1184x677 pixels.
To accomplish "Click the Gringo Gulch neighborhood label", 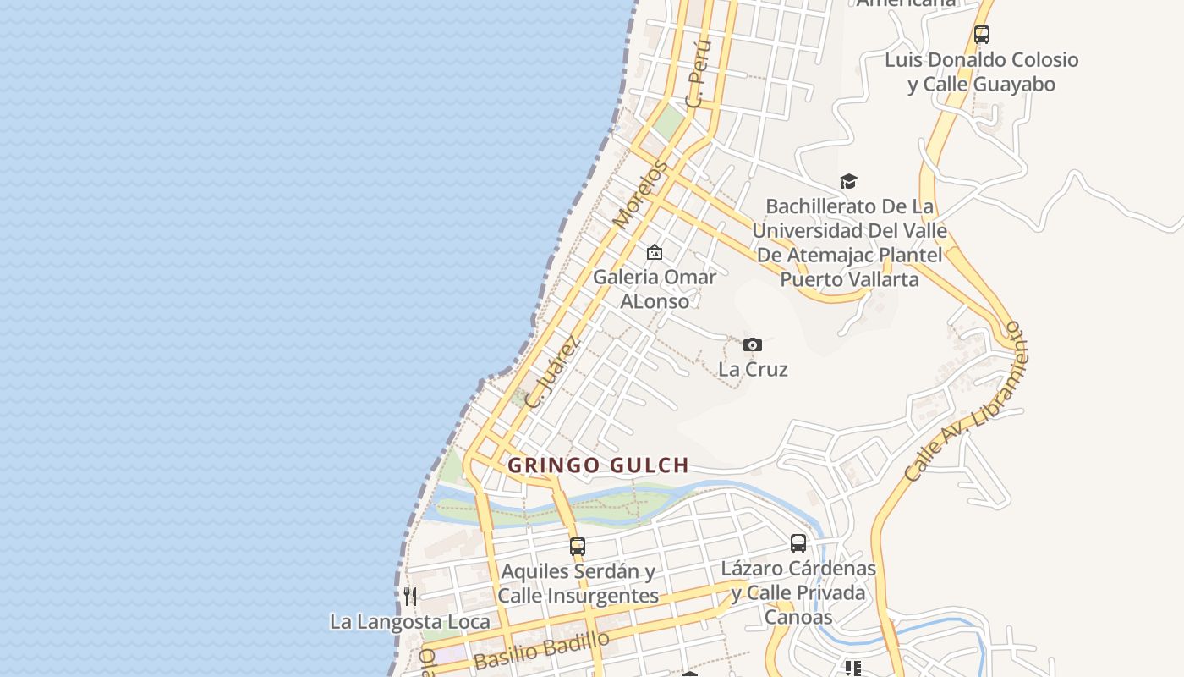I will tap(598, 465).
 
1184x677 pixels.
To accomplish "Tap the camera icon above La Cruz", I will tap(753, 344).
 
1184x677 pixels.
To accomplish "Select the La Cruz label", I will tap(753, 369).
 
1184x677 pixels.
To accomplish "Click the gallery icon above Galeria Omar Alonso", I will tap(654, 252).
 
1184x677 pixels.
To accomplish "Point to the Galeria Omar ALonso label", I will tap(655, 289).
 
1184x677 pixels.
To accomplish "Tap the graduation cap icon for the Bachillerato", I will tap(848, 181).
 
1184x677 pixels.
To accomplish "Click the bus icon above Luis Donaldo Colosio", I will tap(981, 35).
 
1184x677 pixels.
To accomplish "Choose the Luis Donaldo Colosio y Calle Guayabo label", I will tap(982, 72).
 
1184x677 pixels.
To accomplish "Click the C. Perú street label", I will tap(698, 73).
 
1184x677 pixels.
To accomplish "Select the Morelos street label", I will tap(639, 195).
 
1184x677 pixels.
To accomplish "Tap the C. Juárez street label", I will tap(552, 372).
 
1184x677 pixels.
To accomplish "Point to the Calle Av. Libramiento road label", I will tap(964, 401).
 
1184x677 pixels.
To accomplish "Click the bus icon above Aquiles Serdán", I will tap(578, 546).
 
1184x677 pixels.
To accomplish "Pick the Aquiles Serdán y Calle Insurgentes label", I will tap(578, 584).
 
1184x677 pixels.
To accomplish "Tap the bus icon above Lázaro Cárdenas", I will tap(798, 543).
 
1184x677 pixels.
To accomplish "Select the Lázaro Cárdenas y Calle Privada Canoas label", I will tap(798, 592).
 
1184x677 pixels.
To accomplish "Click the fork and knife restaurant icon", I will tap(410, 596).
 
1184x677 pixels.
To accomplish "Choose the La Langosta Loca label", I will tap(409, 622).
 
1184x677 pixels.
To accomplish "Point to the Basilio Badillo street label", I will tap(541, 650).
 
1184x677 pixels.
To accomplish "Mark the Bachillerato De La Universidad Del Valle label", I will tap(849, 243).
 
